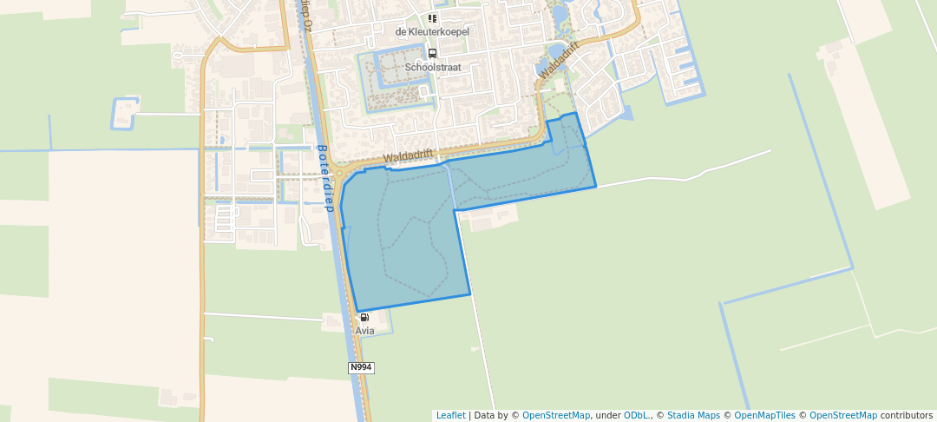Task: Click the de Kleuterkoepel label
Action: click(x=432, y=32)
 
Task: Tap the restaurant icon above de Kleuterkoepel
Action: click(x=432, y=18)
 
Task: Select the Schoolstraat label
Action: click(x=432, y=67)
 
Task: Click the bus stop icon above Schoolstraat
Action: click(x=432, y=53)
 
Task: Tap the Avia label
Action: click(x=364, y=331)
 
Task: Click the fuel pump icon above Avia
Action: click(x=364, y=318)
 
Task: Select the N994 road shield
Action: click(x=361, y=368)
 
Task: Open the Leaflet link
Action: click(x=450, y=416)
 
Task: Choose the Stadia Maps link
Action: click(x=693, y=416)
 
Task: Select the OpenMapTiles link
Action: click(x=759, y=416)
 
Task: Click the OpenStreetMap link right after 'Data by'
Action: click(x=556, y=416)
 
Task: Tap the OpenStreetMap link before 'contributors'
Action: click(x=842, y=416)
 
